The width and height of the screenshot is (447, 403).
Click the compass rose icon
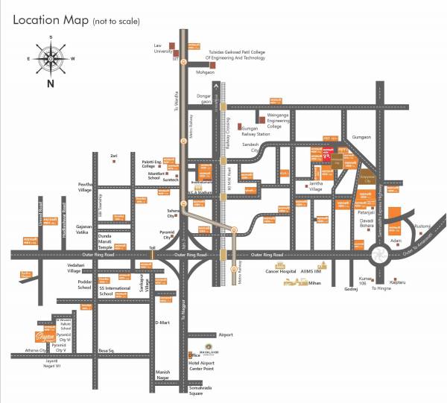pos(50,55)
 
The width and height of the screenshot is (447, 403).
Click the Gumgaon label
pos(361,137)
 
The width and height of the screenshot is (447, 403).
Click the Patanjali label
pos(365,213)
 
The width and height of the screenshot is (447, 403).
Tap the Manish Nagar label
pos(163,374)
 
